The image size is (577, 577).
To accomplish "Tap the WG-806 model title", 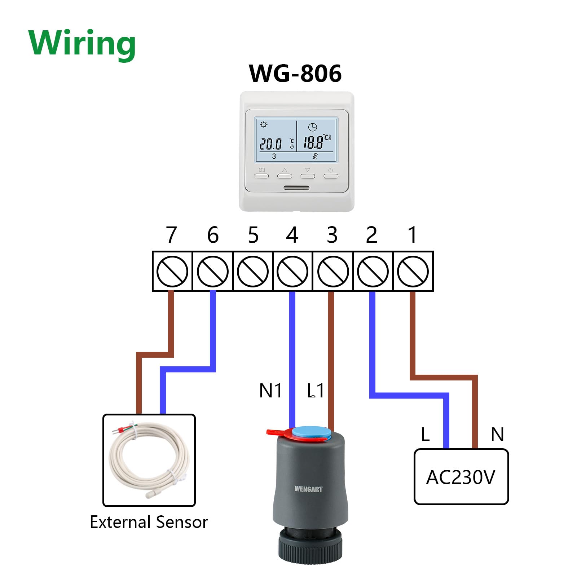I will click(x=295, y=74).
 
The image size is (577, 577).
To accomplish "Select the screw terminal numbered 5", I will click(x=253, y=271).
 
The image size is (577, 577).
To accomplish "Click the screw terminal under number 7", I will click(x=172, y=271).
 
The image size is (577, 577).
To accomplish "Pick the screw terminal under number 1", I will click(x=413, y=271).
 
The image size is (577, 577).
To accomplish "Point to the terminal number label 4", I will click(x=292, y=235).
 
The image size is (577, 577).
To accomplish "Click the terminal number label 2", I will click(x=371, y=235).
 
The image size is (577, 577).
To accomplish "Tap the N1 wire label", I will click(x=270, y=391).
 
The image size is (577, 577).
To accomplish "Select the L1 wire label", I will click(x=315, y=391).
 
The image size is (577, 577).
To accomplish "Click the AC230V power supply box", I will click(x=461, y=477).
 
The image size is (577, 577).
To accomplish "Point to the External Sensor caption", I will click(x=149, y=522).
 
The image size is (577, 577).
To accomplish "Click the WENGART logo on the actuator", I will click(x=308, y=489).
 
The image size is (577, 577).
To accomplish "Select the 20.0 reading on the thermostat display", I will click(x=270, y=144).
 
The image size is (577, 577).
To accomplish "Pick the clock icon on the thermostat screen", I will click(x=312, y=127).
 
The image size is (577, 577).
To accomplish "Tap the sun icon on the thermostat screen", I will click(x=264, y=125).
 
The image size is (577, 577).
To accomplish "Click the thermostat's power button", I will click(x=331, y=175).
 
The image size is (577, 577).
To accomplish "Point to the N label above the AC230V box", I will click(x=497, y=434).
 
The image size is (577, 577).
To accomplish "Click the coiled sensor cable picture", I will click(x=149, y=460).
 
